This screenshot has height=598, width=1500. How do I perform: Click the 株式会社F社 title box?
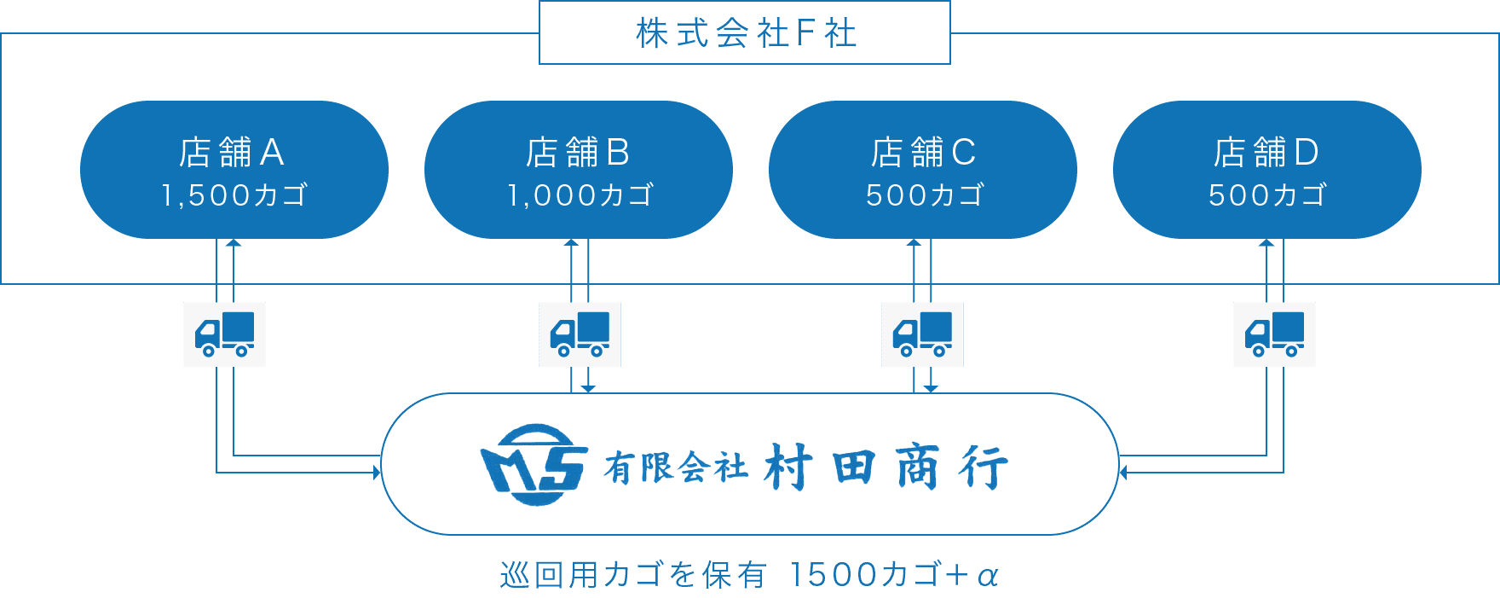(x=744, y=33)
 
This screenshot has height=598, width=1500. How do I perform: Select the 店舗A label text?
(x=232, y=153)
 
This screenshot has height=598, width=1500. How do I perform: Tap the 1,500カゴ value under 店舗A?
(x=234, y=195)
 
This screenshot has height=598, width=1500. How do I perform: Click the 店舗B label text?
(x=578, y=153)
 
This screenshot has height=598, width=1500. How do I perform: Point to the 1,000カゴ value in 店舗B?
(x=580, y=195)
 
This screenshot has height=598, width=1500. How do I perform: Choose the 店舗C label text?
(x=923, y=153)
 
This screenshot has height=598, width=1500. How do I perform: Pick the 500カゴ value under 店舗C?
(x=925, y=195)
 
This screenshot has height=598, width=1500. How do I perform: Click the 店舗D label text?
(x=1266, y=153)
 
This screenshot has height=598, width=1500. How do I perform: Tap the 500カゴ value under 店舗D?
(x=1267, y=195)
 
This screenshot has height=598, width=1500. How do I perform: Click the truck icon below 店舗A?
(x=224, y=334)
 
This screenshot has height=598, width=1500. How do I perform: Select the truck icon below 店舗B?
(x=580, y=334)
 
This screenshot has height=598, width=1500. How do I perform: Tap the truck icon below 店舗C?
(x=922, y=334)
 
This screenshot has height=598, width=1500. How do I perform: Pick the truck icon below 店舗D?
(x=1274, y=334)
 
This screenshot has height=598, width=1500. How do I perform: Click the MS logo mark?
(x=534, y=465)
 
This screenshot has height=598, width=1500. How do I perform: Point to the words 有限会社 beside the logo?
(x=675, y=467)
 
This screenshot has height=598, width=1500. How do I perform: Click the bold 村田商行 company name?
(x=886, y=467)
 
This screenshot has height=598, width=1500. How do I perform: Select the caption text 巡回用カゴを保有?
(x=632, y=576)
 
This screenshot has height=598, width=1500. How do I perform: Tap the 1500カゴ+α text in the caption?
(x=895, y=576)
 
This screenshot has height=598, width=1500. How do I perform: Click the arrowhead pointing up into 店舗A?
(x=234, y=243)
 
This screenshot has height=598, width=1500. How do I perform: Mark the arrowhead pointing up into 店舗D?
(x=1266, y=243)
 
